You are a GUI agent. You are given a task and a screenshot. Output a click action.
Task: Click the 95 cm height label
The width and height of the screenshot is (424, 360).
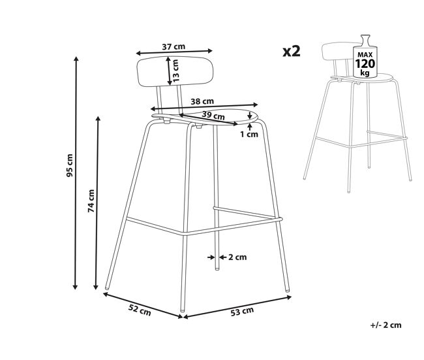click(x=70, y=165)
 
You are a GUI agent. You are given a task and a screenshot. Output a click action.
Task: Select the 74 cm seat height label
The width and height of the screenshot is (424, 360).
click(x=91, y=201)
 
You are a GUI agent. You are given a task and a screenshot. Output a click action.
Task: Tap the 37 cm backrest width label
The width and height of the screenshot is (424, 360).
click(x=174, y=46)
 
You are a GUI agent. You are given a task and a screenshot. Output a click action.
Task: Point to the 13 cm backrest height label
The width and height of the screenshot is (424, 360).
click(x=175, y=71)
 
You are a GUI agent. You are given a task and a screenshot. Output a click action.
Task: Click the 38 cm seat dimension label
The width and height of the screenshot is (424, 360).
click(x=202, y=101)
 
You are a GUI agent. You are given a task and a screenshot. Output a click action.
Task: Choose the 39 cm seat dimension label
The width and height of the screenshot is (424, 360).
click(x=213, y=116)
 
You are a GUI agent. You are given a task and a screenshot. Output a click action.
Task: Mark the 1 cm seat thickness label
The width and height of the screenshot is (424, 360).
click(x=249, y=134)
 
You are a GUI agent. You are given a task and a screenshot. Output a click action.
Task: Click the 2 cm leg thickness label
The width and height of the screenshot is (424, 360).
click(x=237, y=257)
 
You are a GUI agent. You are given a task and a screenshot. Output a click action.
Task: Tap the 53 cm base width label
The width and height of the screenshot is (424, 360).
click(x=242, y=311)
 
